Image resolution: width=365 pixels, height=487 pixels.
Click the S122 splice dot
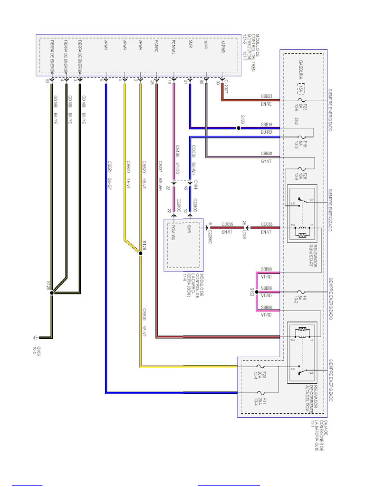[239, 128]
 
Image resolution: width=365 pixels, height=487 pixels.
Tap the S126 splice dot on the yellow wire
[140, 254]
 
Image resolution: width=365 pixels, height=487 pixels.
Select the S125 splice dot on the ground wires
[52, 292]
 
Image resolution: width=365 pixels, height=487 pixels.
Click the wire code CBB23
[266, 96]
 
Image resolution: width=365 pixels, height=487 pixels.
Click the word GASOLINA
[301, 70]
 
